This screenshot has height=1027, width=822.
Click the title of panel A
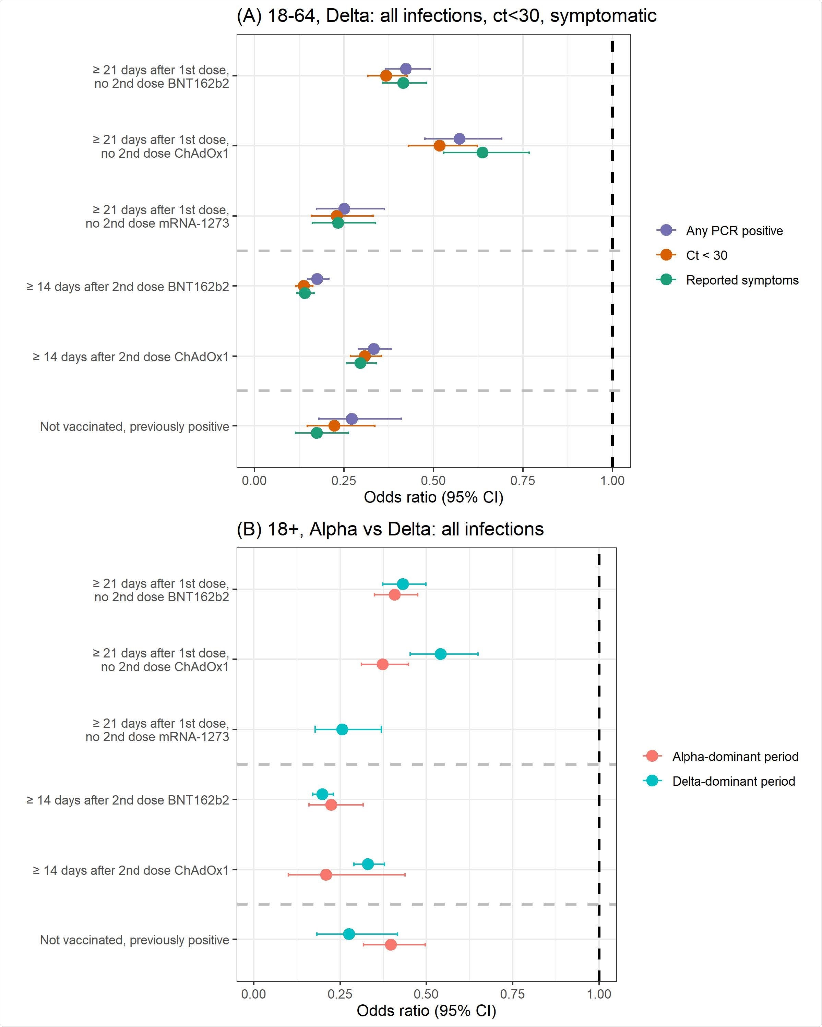click(446, 16)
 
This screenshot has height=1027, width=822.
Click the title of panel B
click(390, 529)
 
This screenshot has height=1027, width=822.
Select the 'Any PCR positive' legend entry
click(734, 231)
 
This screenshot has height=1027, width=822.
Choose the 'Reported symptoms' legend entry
click(742, 280)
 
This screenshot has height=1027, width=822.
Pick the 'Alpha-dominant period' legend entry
click(735, 757)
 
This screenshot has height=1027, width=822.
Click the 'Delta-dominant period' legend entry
click(734, 781)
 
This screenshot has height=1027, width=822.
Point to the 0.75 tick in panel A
click(523, 481)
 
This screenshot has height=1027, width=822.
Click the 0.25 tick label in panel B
click(340, 994)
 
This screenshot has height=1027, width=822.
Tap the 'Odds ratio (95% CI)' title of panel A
click(433, 497)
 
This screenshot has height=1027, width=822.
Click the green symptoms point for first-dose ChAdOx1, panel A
click(482, 153)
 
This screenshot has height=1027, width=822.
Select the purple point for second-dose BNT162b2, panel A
click(317, 279)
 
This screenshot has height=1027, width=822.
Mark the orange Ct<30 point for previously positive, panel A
click(334, 425)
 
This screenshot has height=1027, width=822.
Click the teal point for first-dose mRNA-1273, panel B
click(342, 729)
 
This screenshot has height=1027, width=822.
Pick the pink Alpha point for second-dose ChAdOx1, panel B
click(326, 874)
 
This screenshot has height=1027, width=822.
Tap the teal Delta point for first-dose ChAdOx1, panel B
click(440, 654)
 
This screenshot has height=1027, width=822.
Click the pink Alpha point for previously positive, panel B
click(390, 945)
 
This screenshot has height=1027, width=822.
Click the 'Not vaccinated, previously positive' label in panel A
click(134, 426)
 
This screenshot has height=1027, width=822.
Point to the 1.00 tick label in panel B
click(598, 994)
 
